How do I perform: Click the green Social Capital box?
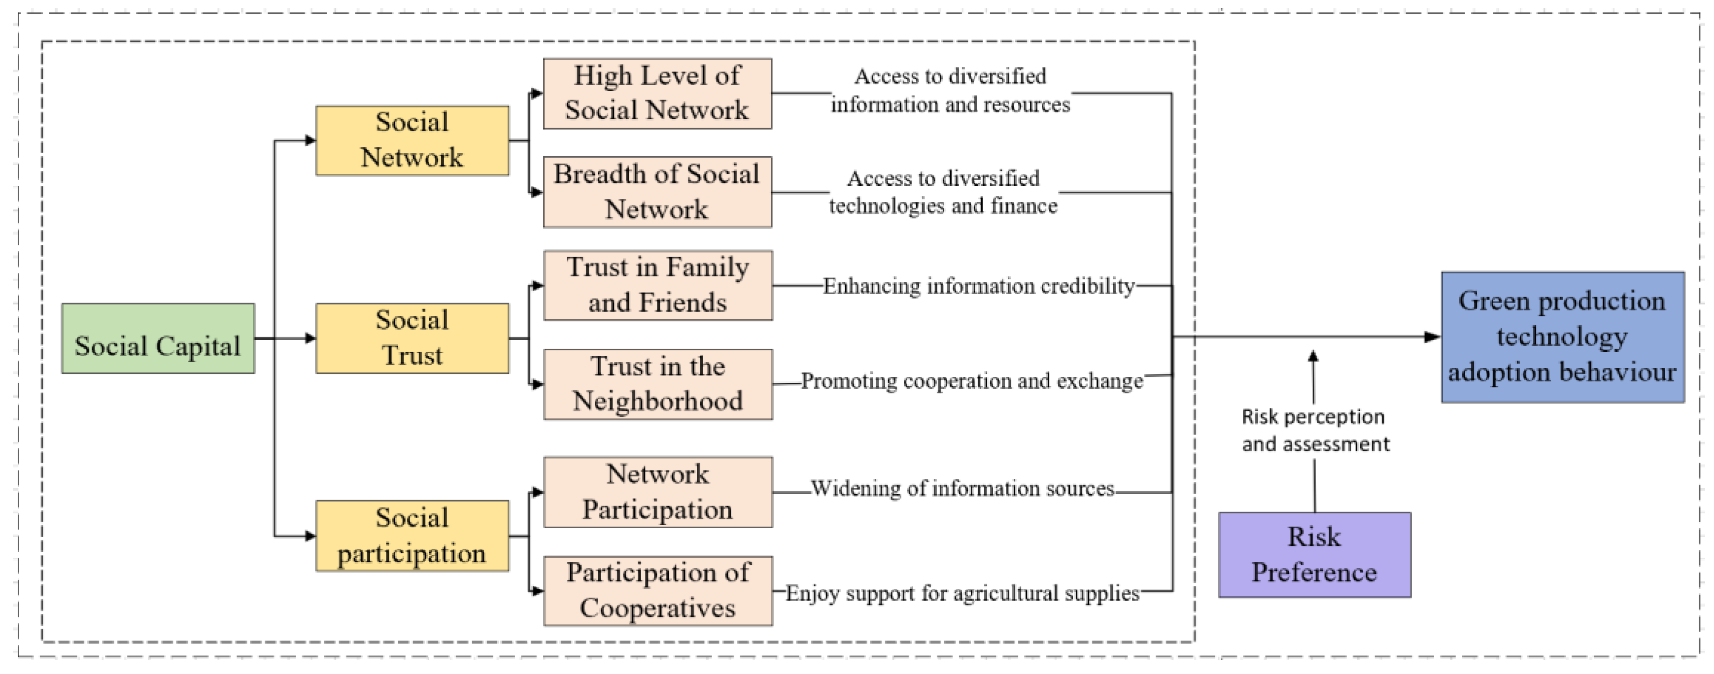[x=158, y=338]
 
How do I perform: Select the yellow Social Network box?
[x=412, y=140]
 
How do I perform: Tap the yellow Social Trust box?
[x=412, y=338]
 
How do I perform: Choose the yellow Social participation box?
[x=412, y=536]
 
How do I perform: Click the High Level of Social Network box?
[x=657, y=93]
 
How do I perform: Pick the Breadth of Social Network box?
[x=657, y=192]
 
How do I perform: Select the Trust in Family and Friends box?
[x=658, y=285]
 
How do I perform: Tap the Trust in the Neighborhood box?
[x=658, y=384]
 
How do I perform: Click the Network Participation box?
[x=658, y=492]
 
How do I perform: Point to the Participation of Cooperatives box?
[x=658, y=591]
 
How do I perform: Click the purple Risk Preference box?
[x=1314, y=554]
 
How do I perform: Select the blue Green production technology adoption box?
[x=1562, y=337]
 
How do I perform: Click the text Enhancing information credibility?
[x=979, y=286]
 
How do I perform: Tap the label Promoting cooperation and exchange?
[x=971, y=380]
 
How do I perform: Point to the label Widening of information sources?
[x=962, y=488]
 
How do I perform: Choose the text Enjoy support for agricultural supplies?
[x=962, y=593]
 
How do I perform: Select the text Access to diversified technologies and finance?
[x=943, y=192]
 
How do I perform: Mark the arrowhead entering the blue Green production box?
[x=1432, y=337]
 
